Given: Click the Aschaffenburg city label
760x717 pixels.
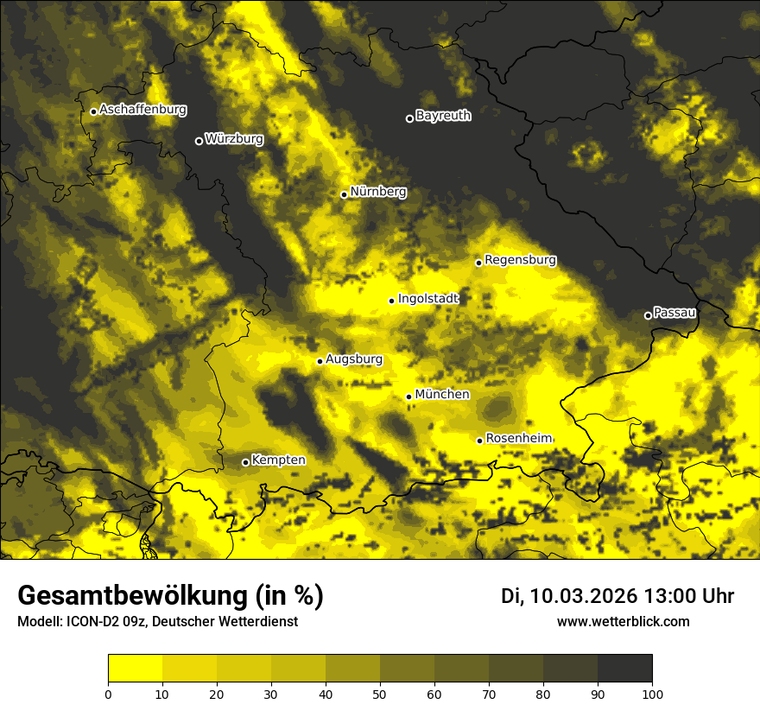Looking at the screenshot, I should [x=142, y=110].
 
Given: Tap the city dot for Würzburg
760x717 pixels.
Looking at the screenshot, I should [x=199, y=141].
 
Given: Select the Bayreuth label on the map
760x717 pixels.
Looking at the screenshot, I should [x=443, y=116].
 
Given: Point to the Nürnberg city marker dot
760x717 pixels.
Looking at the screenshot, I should [x=344, y=194].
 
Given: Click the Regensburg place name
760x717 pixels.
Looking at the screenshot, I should [x=520, y=260].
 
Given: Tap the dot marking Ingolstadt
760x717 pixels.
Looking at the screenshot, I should [x=391, y=301].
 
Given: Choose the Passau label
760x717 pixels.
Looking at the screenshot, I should [x=674, y=312].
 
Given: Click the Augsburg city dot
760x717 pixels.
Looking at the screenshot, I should [x=320, y=361].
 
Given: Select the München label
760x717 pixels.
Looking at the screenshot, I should [x=442, y=395].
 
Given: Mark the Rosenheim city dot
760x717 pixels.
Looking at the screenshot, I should [x=479, y=441].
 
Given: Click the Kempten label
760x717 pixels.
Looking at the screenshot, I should [x=278, y=460].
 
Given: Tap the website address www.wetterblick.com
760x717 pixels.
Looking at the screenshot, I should [x=623, y=622].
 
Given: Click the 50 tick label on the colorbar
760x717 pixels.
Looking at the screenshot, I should [x=380, y=693].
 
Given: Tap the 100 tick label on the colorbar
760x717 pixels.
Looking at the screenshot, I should [x=652, y=693].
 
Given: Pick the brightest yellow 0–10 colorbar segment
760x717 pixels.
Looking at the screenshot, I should [x=135, y=669].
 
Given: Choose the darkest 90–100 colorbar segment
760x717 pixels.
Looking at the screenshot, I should [x=624, y=669].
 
